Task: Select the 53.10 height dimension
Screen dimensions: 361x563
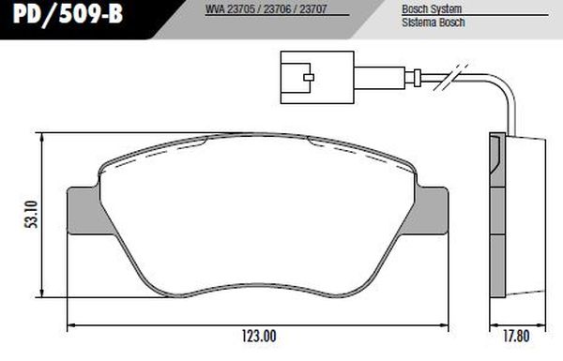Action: click(33, 215)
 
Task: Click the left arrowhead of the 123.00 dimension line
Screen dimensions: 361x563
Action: click(71, 324)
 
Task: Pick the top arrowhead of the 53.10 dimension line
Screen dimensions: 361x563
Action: click(45, 134)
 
